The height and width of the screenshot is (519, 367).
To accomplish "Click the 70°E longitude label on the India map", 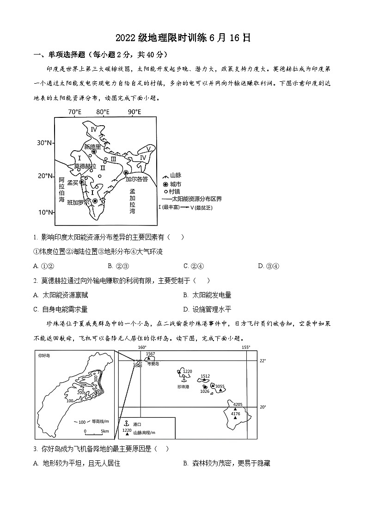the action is (74, 112).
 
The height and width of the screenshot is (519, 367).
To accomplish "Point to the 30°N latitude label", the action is (44, 143).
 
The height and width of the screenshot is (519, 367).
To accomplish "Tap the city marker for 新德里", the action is (94, 152).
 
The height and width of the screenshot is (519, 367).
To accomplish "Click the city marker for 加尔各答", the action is (126, 173).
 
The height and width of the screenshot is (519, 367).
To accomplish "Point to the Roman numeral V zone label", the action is (148, 148).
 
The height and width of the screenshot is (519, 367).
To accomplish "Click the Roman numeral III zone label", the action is (113, 159).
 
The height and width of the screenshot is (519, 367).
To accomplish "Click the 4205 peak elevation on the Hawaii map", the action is (238, 404).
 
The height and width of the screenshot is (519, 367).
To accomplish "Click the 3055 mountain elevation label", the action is (220, 386).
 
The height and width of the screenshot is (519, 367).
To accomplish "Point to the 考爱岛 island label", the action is (153, 364).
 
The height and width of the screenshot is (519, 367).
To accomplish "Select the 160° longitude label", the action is (142, 348).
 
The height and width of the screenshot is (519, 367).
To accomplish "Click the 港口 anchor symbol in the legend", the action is (126, 423).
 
